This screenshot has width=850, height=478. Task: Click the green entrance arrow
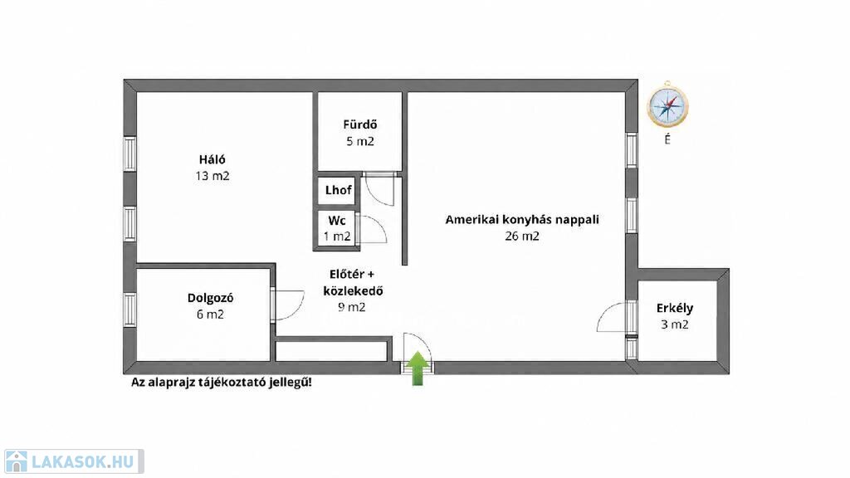click(x=418, y=368)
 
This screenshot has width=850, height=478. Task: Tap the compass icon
click(x=667, y=106)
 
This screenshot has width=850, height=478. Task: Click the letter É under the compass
click(x=667, y=139)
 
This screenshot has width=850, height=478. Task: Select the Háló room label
click(x=212, y=159)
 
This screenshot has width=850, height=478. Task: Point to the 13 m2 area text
click(x=212, y=176)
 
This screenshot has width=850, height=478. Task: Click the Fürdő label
click(x=360, y=124)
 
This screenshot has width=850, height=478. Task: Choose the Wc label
click(x=337, y=221)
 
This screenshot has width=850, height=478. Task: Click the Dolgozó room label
click(x=210, y=298)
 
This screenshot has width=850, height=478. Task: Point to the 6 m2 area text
click(x=210, y=315)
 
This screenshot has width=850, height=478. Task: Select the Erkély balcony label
click(x=675, y=308)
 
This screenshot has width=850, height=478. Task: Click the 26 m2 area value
click(x=522, y=237)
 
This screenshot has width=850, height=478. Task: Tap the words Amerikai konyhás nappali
click(x=522, y=219)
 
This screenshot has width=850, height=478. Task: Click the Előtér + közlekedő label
click(x=352, y=282)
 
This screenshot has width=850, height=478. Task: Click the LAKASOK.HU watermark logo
click(x=73, y=461)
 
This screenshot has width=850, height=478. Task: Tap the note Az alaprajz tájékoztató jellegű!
click(x=221, y=382)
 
